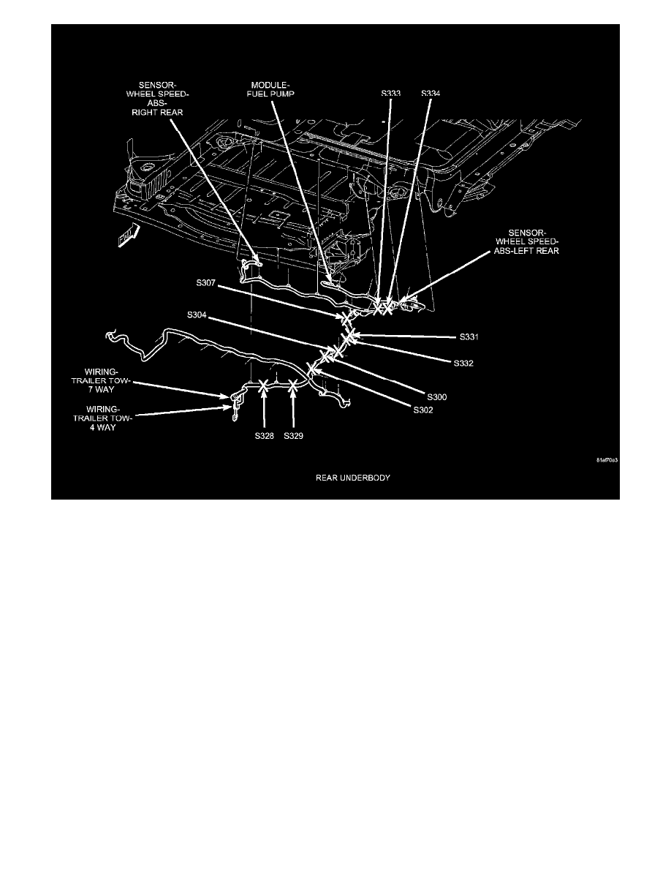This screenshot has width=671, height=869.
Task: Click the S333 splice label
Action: (390, 93)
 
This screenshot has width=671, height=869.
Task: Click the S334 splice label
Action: (431, 93)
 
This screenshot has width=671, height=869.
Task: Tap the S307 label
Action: (205, 282)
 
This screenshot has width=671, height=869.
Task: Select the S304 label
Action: (197, 315)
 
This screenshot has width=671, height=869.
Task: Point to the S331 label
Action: (469, 337)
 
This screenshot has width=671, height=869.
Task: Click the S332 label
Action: (463, 364)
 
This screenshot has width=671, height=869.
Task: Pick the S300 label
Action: (437, 396)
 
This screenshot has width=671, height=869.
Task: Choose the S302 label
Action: (423, 410)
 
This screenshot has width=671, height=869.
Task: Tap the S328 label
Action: (264, 436)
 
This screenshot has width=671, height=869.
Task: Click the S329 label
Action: (293, 436)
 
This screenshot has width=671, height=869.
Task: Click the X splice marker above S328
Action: (264, 385)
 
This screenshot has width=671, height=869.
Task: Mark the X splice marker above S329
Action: (293, 385)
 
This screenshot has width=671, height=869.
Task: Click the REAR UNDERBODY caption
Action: (352, 478)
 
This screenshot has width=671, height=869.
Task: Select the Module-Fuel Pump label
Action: (270, 89)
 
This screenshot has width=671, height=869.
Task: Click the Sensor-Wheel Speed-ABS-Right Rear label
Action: (157, 99)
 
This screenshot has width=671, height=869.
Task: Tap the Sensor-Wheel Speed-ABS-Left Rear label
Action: (526, 242)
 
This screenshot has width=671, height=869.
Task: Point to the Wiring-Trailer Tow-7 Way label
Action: (100, 380)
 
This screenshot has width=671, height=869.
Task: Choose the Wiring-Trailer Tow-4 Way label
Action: (102, 418)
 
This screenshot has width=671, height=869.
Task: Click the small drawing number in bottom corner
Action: (607, 460)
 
